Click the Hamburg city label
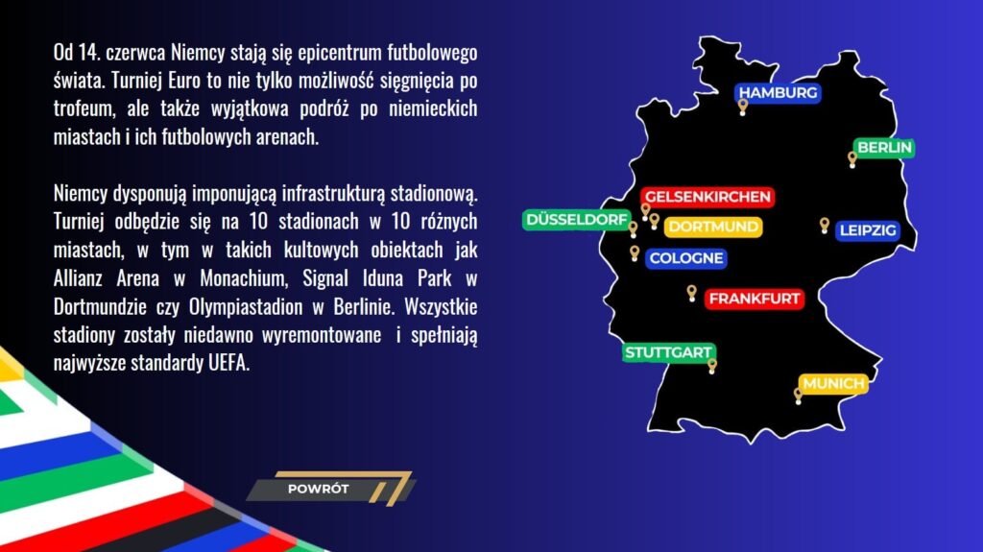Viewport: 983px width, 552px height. click(x=778, y=93)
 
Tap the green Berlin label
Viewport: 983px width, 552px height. click(x=884, y=148)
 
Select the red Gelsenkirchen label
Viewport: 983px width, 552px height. click(x=707, y=197)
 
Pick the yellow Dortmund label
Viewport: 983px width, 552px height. click(x=713, y=228)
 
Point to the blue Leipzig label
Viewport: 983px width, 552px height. click(x=867, y=230)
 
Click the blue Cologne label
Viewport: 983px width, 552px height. click(x=685, y=258)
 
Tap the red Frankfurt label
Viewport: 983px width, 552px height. click(x=754, y=299)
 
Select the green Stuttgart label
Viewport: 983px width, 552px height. click(x=668, y=352)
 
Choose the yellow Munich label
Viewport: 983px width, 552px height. click(x=833, y=384)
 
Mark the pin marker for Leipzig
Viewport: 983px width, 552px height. click(x=824, y=225)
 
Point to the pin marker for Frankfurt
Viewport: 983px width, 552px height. click(x=691, y=292)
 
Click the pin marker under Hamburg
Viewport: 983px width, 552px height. click(x=743, y=106)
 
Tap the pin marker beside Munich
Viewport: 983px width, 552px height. click(x=799, y=395)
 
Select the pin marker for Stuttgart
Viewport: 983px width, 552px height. click(x=712, y=366)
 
